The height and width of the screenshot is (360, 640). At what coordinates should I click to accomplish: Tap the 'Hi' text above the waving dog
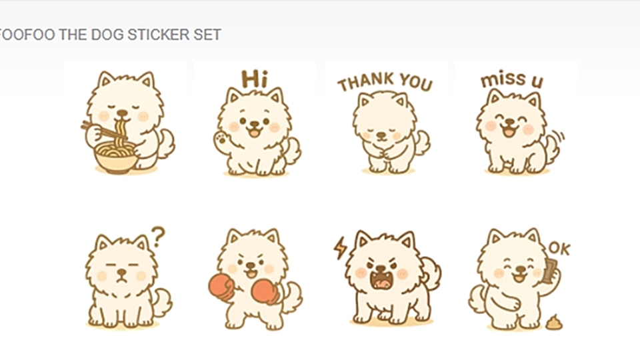254,79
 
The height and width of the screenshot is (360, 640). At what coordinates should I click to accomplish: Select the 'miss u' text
512,79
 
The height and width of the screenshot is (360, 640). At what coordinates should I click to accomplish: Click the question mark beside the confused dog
158,237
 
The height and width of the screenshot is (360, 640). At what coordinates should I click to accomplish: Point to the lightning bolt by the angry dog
340,248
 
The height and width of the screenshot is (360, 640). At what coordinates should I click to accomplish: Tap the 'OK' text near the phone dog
559,248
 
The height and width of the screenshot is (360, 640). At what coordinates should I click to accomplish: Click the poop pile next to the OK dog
554,323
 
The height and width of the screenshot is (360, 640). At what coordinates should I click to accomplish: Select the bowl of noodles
116,157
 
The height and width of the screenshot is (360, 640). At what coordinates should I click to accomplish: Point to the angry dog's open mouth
381,279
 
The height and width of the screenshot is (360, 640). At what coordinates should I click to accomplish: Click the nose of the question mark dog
121,272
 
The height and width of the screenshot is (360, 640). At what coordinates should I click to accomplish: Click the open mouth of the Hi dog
255,132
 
